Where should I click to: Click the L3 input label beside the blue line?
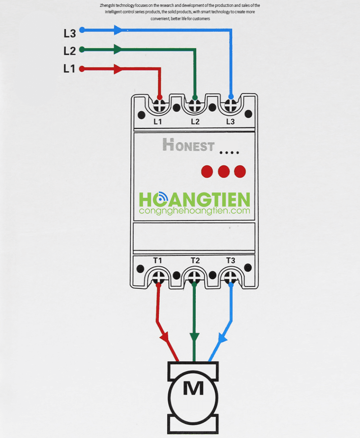coord(69,33)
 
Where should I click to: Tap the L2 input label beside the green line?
coord(69,51)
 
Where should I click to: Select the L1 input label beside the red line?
coord(69,68)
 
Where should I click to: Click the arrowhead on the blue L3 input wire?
coord(118,30)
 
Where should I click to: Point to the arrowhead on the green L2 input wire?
coord(118,49)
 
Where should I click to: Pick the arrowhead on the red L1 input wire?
coord(118,69)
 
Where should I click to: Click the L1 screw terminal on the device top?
coord(159,106)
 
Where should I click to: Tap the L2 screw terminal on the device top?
coord(195,106)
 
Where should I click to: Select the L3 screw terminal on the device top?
coord(231,106)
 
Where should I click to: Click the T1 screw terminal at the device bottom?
coord(158,278)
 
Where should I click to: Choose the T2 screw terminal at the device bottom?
coord(194,278)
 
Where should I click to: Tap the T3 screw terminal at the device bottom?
coord(231,278)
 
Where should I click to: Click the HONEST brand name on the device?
coord(189,145)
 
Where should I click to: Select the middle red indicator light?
coord(224,172)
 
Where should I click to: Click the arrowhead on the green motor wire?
coord(194,337)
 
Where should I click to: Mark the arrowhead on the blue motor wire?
coord(222,338)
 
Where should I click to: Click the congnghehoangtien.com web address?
coord(195,211)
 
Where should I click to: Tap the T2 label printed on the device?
coord(195,261)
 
